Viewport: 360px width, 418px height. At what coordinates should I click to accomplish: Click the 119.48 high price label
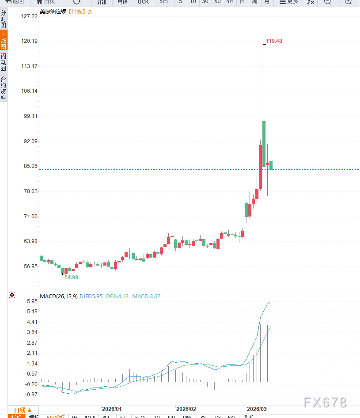(274, 41)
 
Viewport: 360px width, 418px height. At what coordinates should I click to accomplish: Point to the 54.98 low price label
(71, 277)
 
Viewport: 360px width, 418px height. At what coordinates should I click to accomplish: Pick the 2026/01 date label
(112, 409)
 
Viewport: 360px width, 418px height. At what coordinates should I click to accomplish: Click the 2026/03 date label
(257, 409)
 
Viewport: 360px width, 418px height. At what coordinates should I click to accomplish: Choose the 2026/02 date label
(186, 409)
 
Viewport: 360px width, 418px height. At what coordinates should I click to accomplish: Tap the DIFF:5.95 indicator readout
(91, 296)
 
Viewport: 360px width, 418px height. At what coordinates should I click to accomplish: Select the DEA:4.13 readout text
(117, 296)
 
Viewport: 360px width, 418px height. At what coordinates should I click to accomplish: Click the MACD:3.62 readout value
(146, 296)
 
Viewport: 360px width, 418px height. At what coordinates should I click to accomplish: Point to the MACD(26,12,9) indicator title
(59, 296)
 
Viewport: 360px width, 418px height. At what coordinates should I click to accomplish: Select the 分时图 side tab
(4, 19)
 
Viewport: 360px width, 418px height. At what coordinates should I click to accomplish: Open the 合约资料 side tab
(4, 88)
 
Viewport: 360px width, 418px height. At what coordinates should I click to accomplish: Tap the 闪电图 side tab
(4, 62)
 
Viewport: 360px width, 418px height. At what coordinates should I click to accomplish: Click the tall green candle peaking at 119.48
(264, 143)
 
